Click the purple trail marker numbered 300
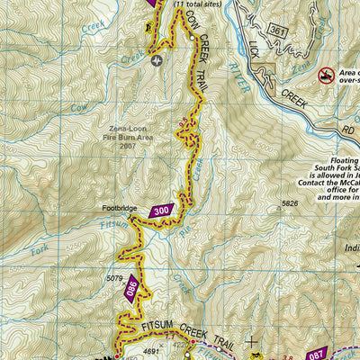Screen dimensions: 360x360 pyautogui.click(x=160, y=211)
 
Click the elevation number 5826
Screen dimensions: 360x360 pyautogui.click(x=289, y=203)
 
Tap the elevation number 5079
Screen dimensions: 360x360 pyautogui.click(x=113, y=278)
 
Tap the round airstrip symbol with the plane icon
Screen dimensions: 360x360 pyautogui.click(x=158, y=61)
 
